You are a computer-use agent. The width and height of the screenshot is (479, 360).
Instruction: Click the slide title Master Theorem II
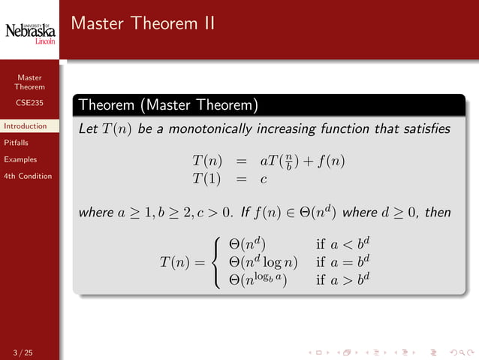[x=143, y=24]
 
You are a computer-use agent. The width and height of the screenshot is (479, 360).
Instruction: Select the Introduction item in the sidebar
[x=25, y=126]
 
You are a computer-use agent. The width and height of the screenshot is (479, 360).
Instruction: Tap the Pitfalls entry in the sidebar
[x=17, y=143]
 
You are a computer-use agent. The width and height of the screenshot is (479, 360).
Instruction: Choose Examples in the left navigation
[x=20, y=159]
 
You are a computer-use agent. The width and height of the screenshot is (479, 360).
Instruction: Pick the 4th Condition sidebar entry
[x=28, y=176]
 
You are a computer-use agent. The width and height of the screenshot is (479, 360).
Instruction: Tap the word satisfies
[x=426, y=129]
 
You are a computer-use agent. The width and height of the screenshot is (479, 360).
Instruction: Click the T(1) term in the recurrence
[x=207, y=178]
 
